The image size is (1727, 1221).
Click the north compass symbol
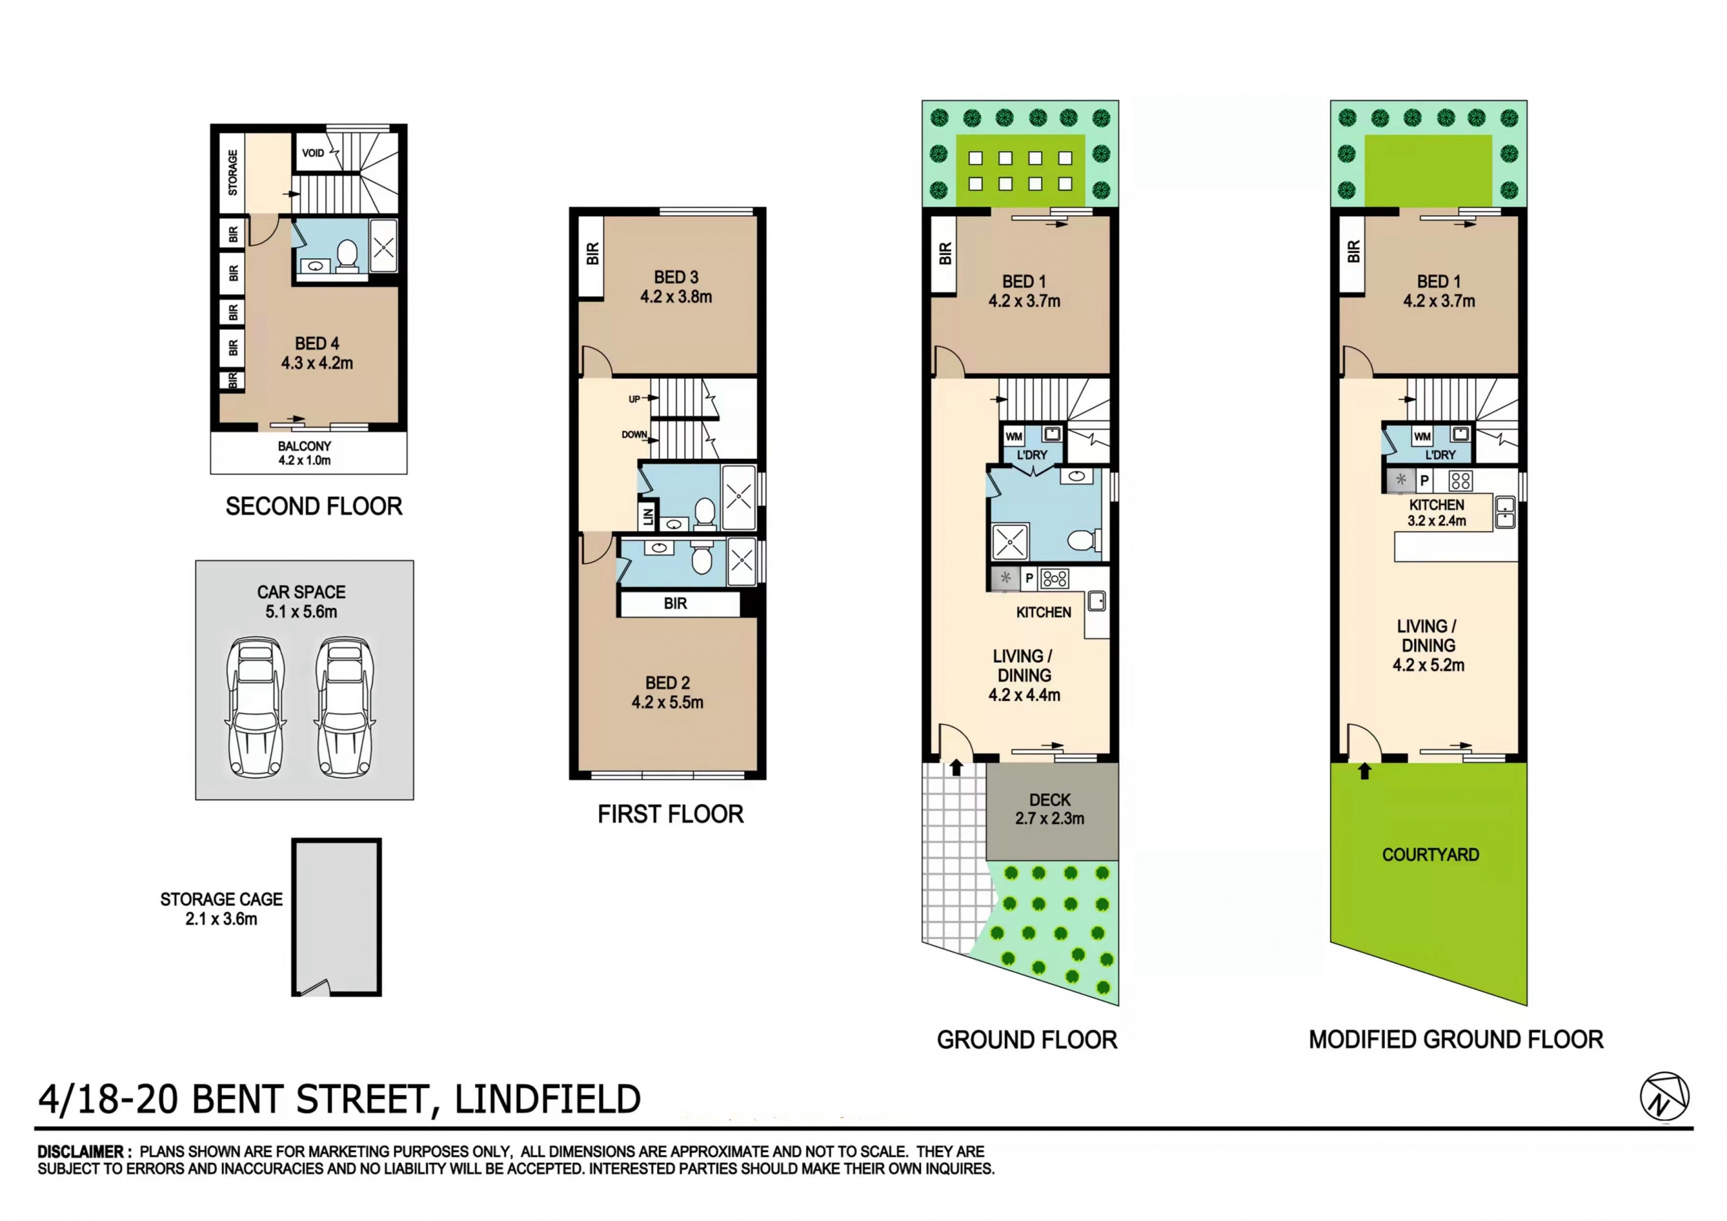tap(1664, 1096)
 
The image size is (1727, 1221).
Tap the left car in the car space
tap(256, 707)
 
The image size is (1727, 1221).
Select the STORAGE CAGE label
tap(221, 909)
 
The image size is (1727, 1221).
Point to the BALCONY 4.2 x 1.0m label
tap(305, 453)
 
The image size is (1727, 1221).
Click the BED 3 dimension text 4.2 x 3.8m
tap(675, 297)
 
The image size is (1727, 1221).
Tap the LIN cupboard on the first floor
tap(647, 517)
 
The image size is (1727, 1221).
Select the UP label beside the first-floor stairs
tap(634, 399)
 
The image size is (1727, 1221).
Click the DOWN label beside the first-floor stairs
tap(634, 435)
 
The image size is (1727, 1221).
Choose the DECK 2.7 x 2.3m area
tap(1051, 810)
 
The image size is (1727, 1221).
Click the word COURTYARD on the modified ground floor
tap(1430, 855)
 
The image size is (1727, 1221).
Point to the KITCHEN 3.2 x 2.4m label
tap(1437, 512)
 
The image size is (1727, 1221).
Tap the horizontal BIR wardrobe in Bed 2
tap(675, 603)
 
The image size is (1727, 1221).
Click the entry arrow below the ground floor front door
tap(956, 768)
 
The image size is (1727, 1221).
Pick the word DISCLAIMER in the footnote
tap(81, 1152)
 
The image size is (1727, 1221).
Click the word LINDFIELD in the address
tap(548, 1099)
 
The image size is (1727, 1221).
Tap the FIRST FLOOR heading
tap(670, 814)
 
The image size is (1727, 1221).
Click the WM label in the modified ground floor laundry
tap(1421, 436)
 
